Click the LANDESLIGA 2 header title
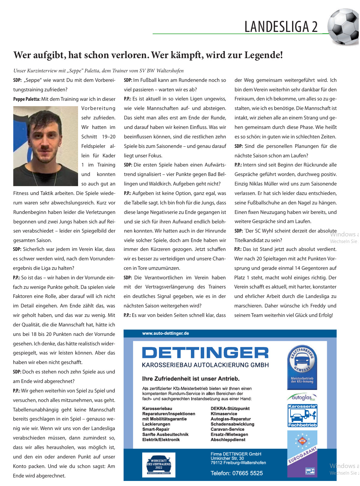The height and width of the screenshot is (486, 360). point(281,27)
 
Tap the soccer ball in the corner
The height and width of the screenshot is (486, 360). point(344,27)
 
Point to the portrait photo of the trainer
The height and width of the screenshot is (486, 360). point(46,146)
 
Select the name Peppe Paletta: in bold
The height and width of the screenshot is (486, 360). point(27,99)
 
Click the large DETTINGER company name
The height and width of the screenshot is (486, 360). point(205,353)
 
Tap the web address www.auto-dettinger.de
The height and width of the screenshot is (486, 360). point(166,333)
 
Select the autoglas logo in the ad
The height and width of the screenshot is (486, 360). point(302,397)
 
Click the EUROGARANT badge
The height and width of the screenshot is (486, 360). point(302,454)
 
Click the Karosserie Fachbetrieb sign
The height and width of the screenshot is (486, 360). point(302,416)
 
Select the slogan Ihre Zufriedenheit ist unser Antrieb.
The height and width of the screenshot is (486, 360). point(191,379)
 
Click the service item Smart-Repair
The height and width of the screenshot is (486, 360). point(156,429)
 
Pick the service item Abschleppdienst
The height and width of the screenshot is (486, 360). point(228,440)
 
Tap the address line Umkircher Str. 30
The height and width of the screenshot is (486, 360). point(227,458)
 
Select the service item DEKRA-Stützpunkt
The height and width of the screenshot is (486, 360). point(230,409)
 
